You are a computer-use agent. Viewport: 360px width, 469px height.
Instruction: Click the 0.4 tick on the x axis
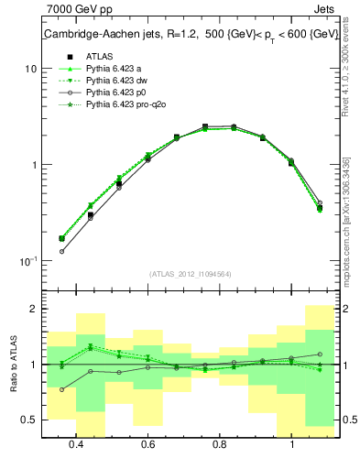tap(77, 445)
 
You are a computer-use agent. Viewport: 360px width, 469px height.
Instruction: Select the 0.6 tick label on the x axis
tap(148, 445)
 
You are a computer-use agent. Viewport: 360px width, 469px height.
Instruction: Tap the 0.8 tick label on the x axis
tap(220, 445)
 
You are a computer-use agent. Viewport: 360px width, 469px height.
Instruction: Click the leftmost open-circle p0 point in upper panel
tap(62, 251)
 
